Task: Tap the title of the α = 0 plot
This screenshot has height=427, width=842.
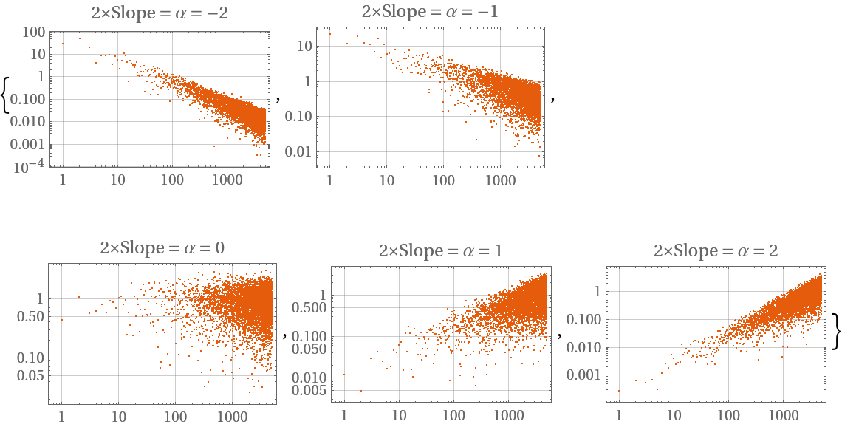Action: [x=162, y=247]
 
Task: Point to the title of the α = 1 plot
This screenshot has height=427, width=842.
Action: [x=441, y=250]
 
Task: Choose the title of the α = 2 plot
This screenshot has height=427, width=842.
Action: [x=716, y=250]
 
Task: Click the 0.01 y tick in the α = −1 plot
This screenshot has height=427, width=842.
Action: [x=301, y=152]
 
